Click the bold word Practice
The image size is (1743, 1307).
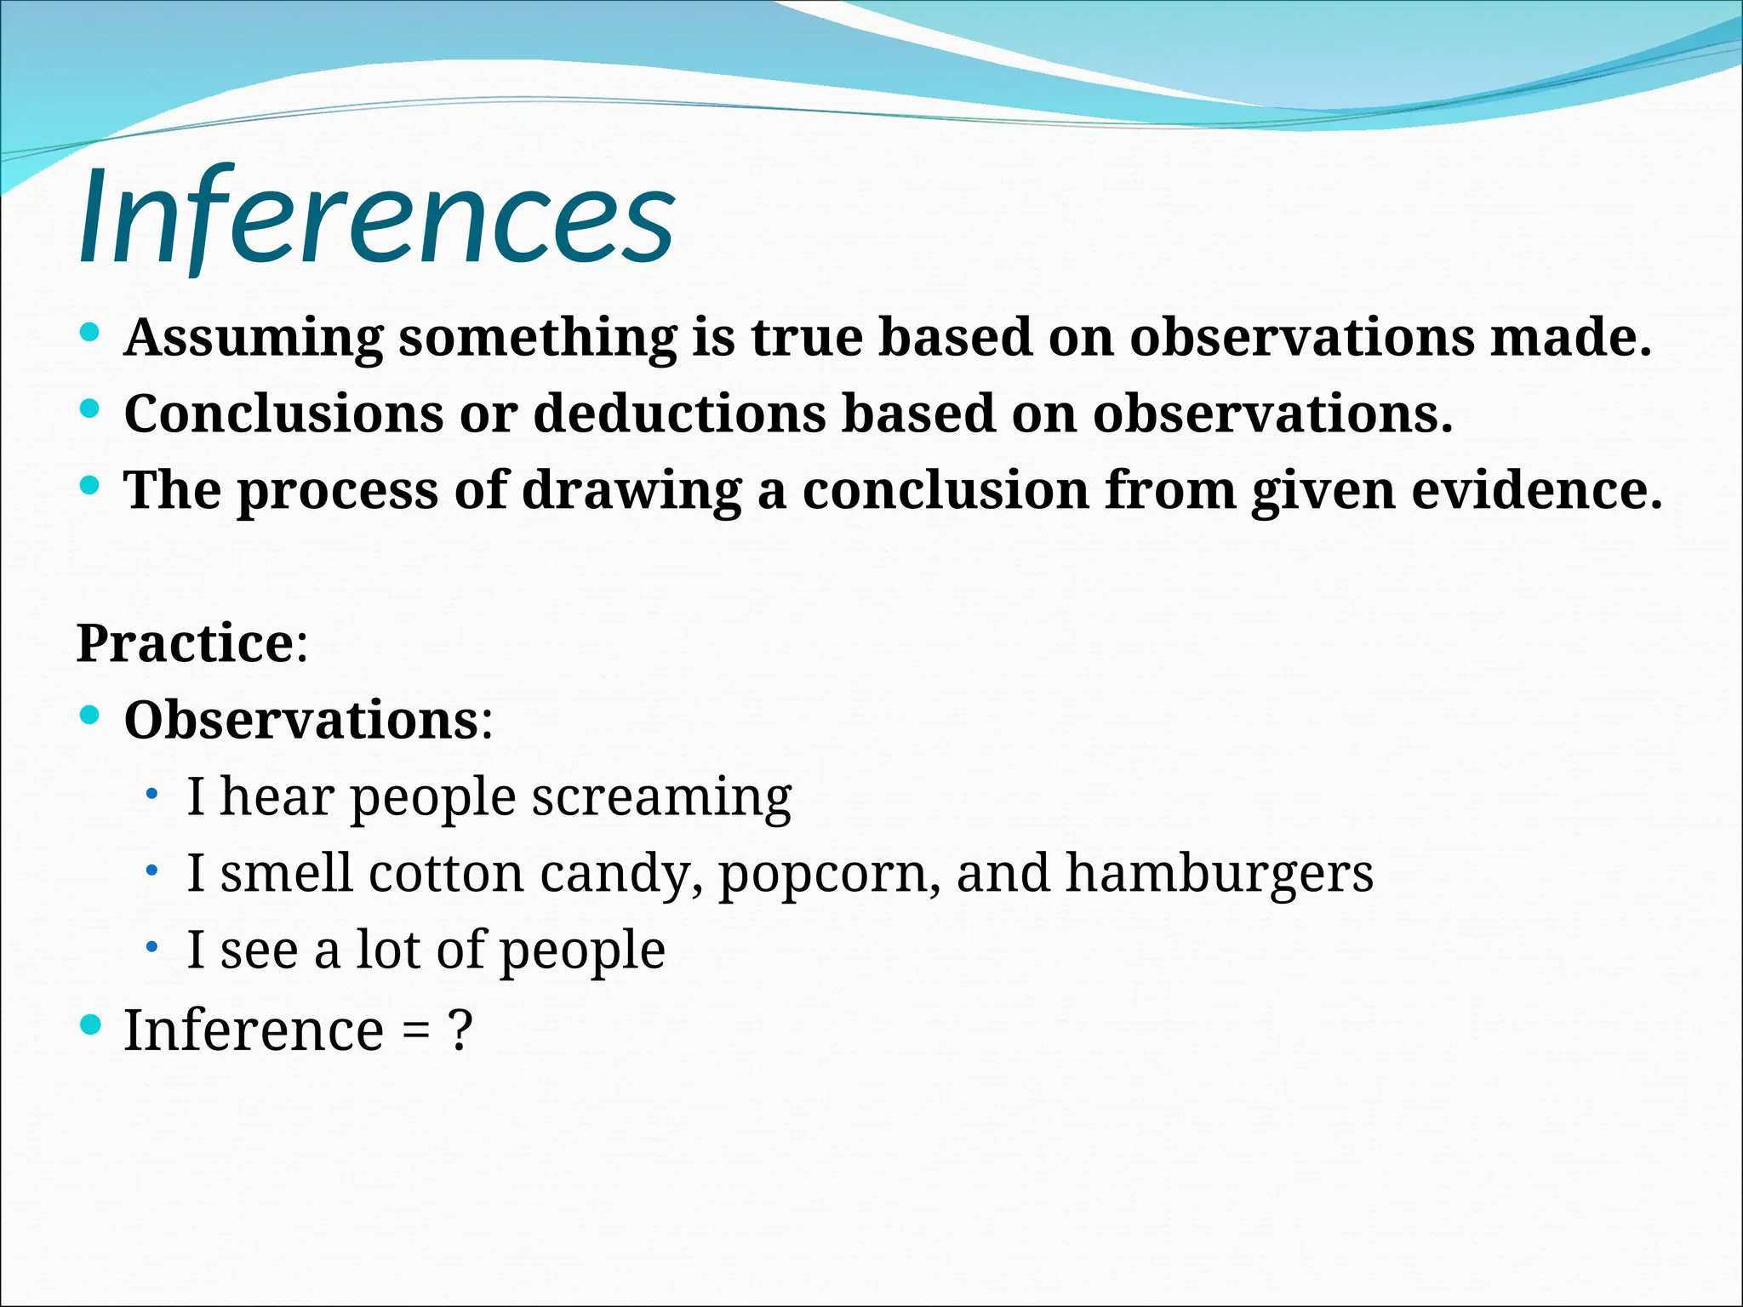tap(186, 643)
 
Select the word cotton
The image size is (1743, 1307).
tap(446, 874)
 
